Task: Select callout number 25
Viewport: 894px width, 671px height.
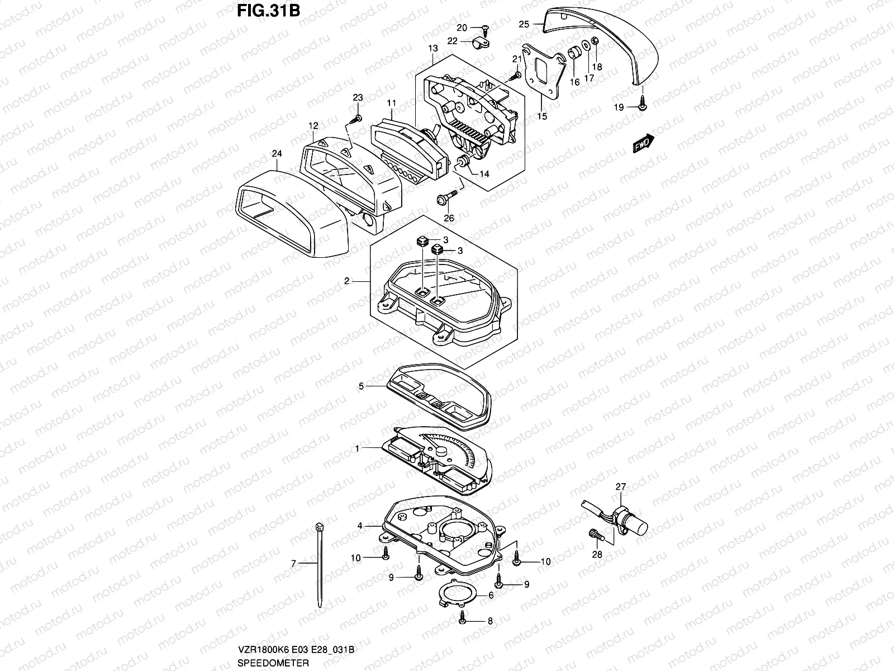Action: click(x=523, y=24)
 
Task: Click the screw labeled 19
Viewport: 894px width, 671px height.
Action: click(x=643, y=105)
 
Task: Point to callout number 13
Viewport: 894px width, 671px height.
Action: click(x=434, y=49)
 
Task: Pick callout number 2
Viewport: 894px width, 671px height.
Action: click(x=347, y=281)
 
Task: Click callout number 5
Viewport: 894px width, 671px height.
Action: click(x=362, y=386)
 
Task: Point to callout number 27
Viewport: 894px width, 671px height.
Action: click(x=621, y=487)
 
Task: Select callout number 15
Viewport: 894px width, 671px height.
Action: click(x=542, y=116)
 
